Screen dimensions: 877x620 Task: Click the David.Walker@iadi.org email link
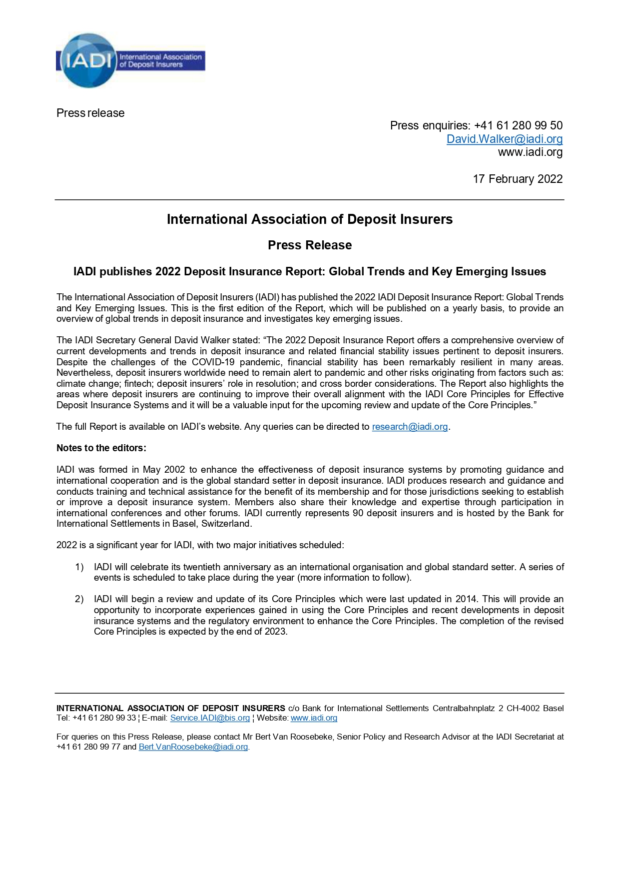click(x=504, y=139)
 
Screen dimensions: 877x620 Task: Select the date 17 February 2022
click(x=518, y=179)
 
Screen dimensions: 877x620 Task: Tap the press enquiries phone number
click(x=518, y=125)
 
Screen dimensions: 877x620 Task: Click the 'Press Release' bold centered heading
click(x=310, y=245)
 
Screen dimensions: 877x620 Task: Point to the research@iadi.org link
click(x=410, y=427)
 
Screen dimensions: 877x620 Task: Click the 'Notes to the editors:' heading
click(x=101, y=448)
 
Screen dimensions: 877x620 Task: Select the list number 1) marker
click(x=79, y=567)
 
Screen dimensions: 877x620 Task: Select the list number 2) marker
click(x=79, y=599)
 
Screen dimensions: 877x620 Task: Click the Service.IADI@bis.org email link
click(x=210, y=718)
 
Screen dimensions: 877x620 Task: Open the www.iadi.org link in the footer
click(x=314, y=718)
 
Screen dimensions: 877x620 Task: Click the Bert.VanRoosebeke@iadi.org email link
click(x=193, y=747)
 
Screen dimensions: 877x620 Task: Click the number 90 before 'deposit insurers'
click(x=358, y=513)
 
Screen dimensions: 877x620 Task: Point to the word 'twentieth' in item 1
click(x=201, y=567)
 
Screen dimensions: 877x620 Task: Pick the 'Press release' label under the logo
click(x=90, y=113)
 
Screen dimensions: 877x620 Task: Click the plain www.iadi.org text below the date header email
click(x=530, y=152)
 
